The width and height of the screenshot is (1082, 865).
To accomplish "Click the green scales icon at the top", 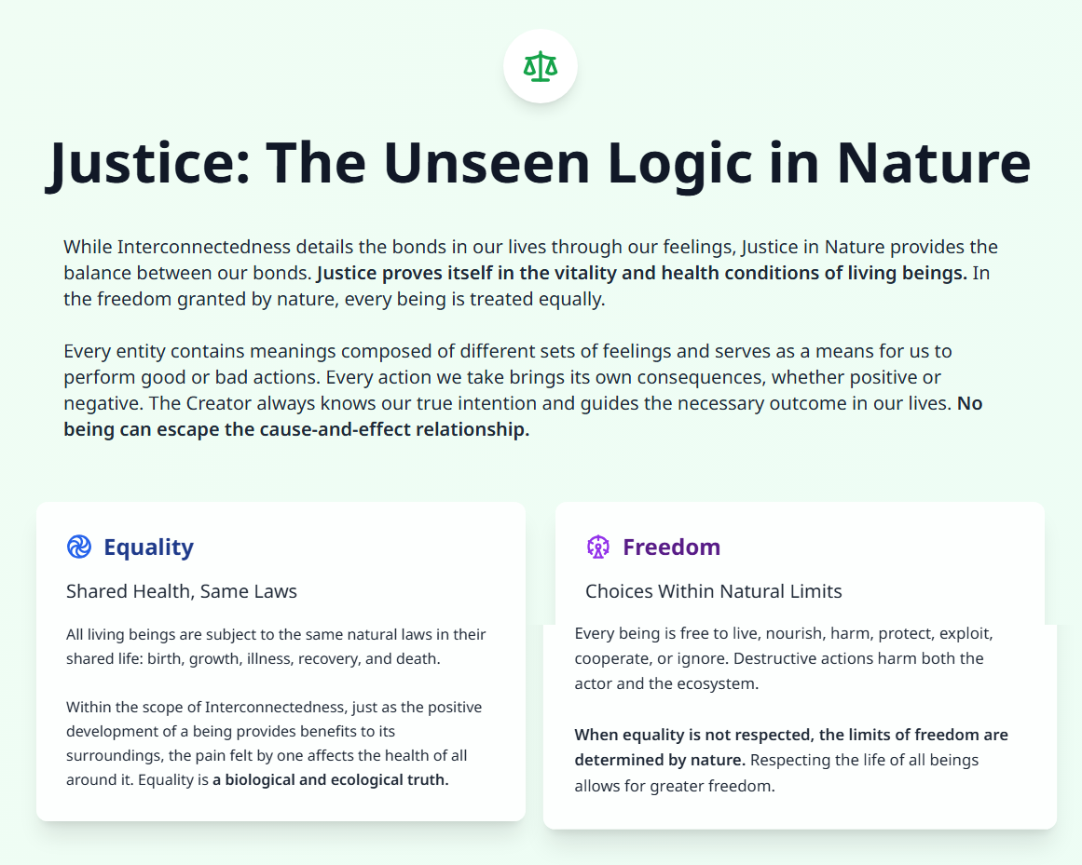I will tap(540, 66).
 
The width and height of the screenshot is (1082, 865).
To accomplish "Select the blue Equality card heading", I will tap(148, 547).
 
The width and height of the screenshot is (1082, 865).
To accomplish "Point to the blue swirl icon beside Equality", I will tap(79, 547).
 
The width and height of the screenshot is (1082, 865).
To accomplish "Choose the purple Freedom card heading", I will tap(671, 547).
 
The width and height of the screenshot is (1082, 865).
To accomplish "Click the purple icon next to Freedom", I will tap(597, 547).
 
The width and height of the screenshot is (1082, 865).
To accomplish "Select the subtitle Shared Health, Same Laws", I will tap(182, 591).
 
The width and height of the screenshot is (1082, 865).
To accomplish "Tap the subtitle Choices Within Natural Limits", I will tap(713, 591).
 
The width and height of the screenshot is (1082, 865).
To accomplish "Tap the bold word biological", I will tap(266, 779).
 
